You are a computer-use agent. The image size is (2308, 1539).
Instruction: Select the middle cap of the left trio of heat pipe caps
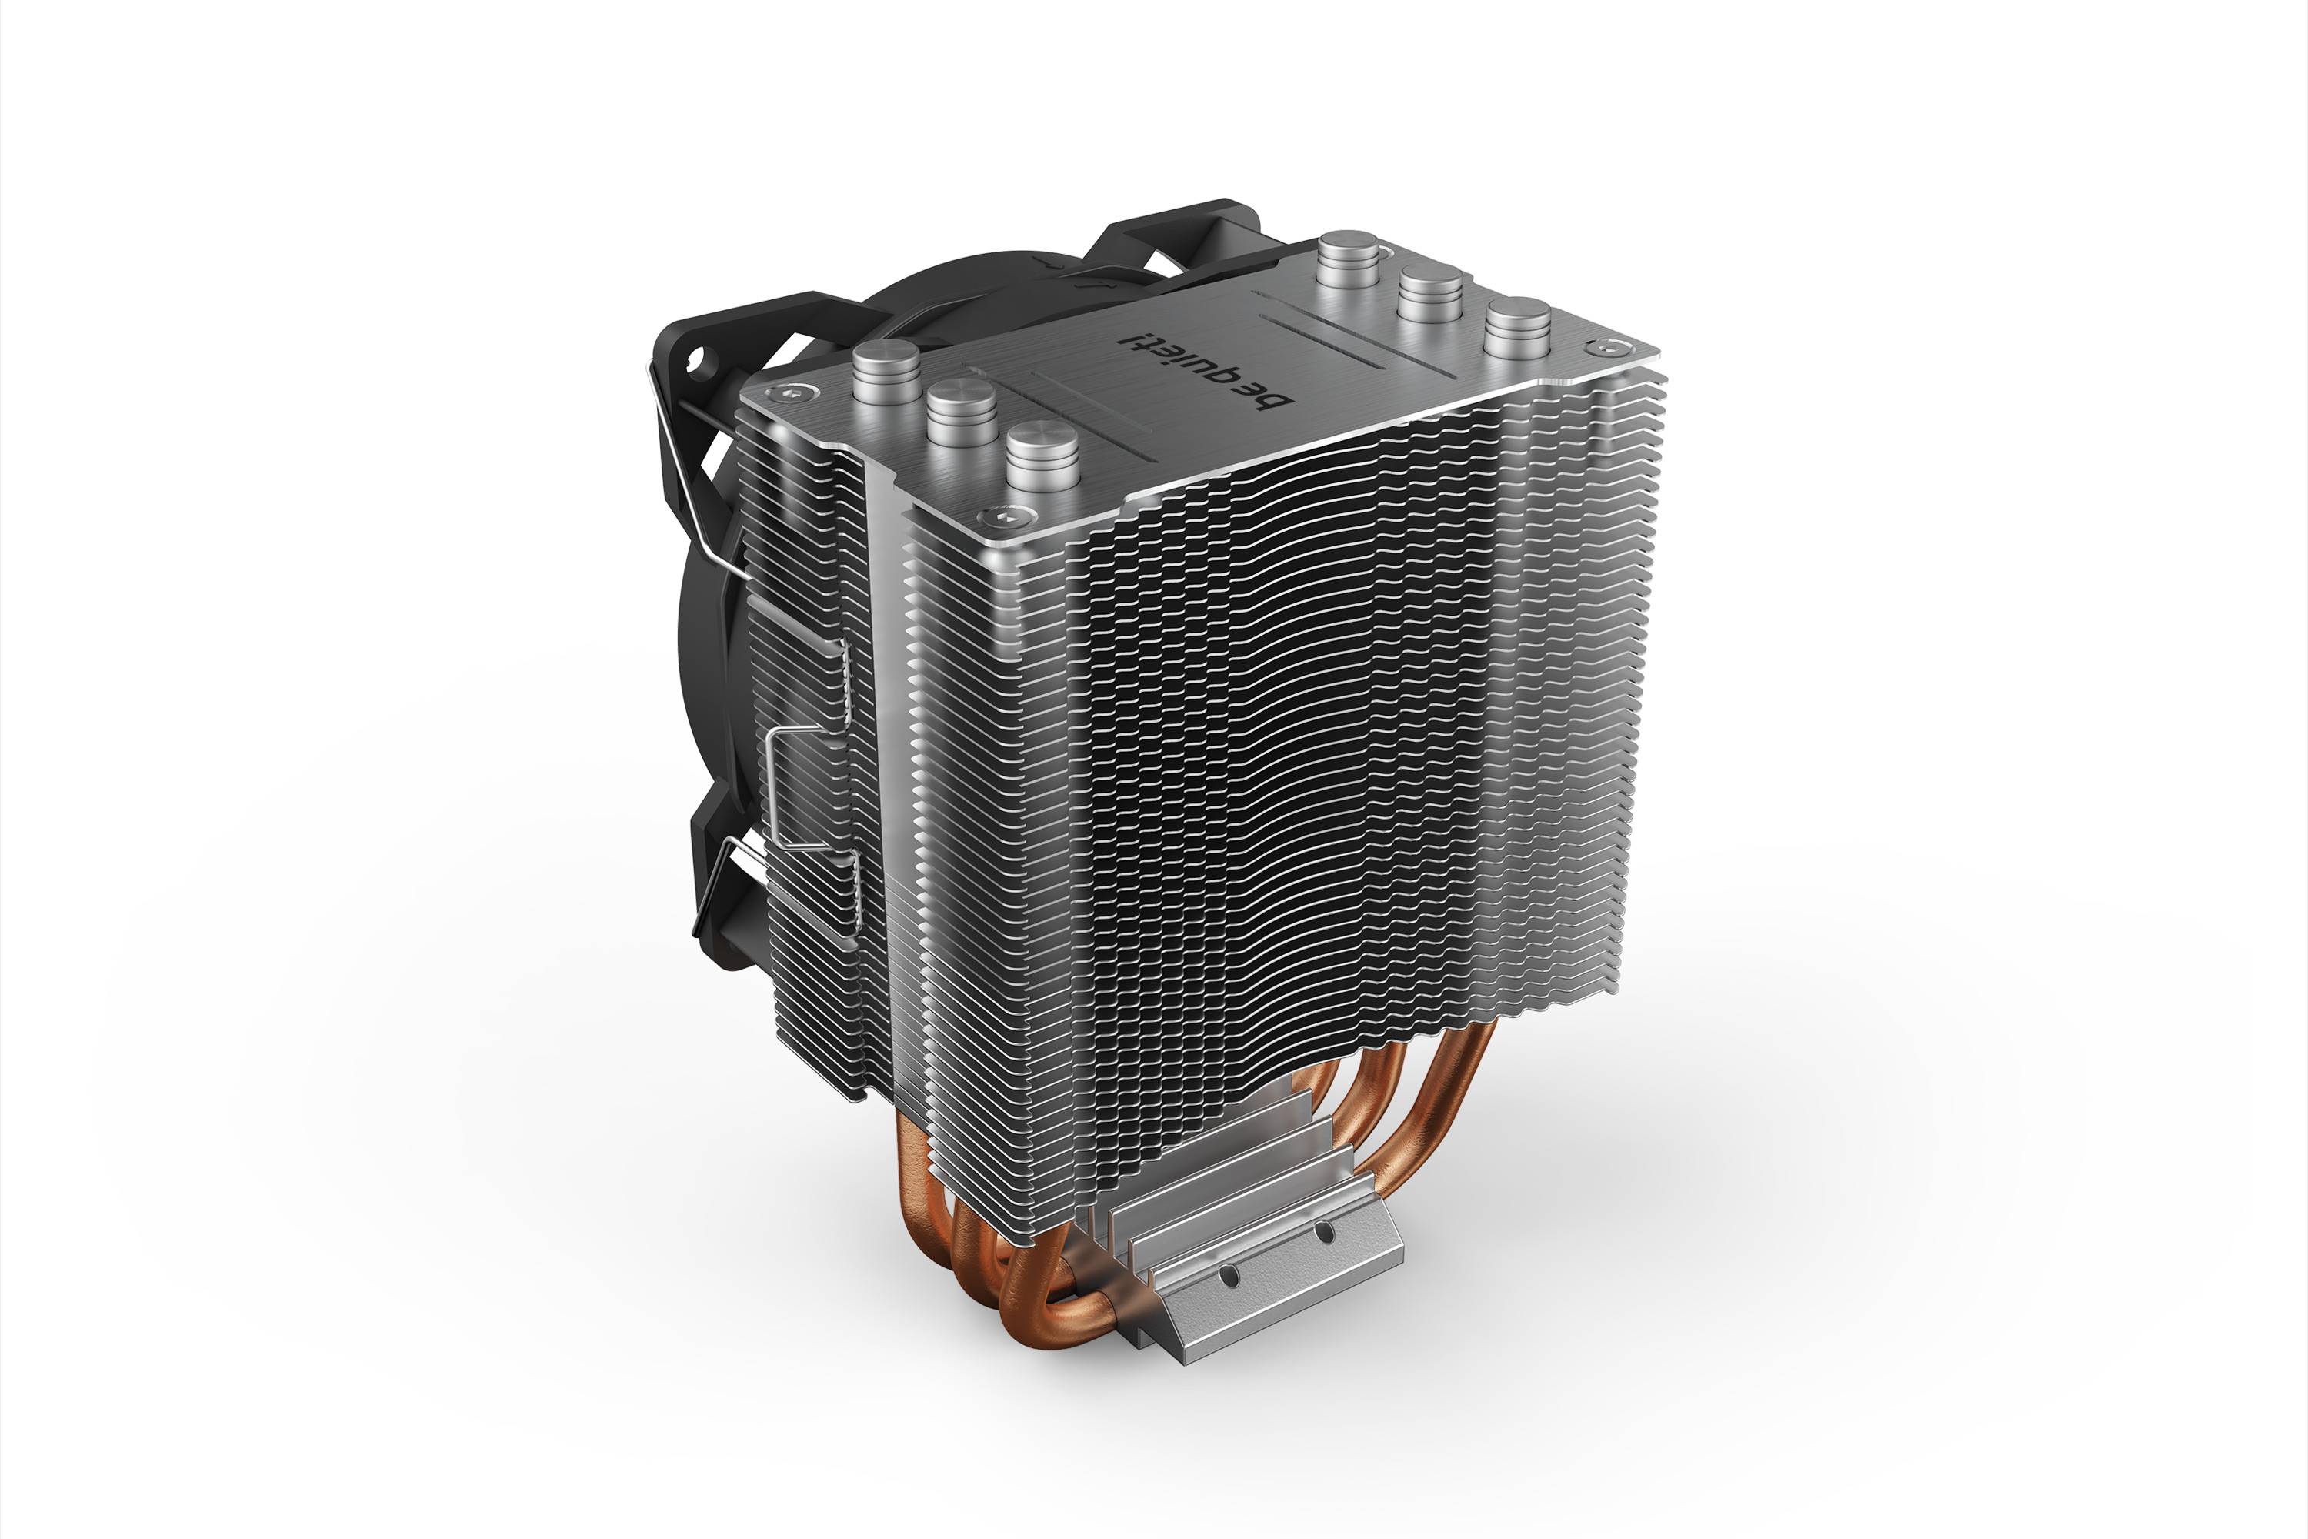(962, 412)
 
